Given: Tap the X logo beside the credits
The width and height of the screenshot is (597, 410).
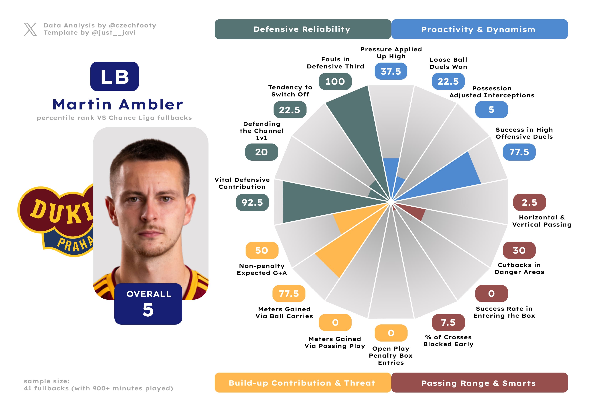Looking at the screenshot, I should (30, 29).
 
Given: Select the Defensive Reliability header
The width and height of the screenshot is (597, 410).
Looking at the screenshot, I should (303, 29).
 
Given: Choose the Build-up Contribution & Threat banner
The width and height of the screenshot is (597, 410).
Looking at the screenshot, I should (303, 383).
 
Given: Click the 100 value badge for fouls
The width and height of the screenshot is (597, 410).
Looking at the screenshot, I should (335, 81).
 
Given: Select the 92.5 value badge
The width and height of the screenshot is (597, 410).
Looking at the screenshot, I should (252, 203).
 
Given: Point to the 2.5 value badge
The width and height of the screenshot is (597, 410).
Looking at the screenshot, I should (529, 203).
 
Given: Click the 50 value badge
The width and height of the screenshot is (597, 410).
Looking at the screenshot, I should (262, 250).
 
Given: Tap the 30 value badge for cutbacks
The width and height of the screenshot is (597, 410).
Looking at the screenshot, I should (519, 250).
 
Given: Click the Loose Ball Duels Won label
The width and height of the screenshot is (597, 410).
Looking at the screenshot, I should (448, 63).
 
